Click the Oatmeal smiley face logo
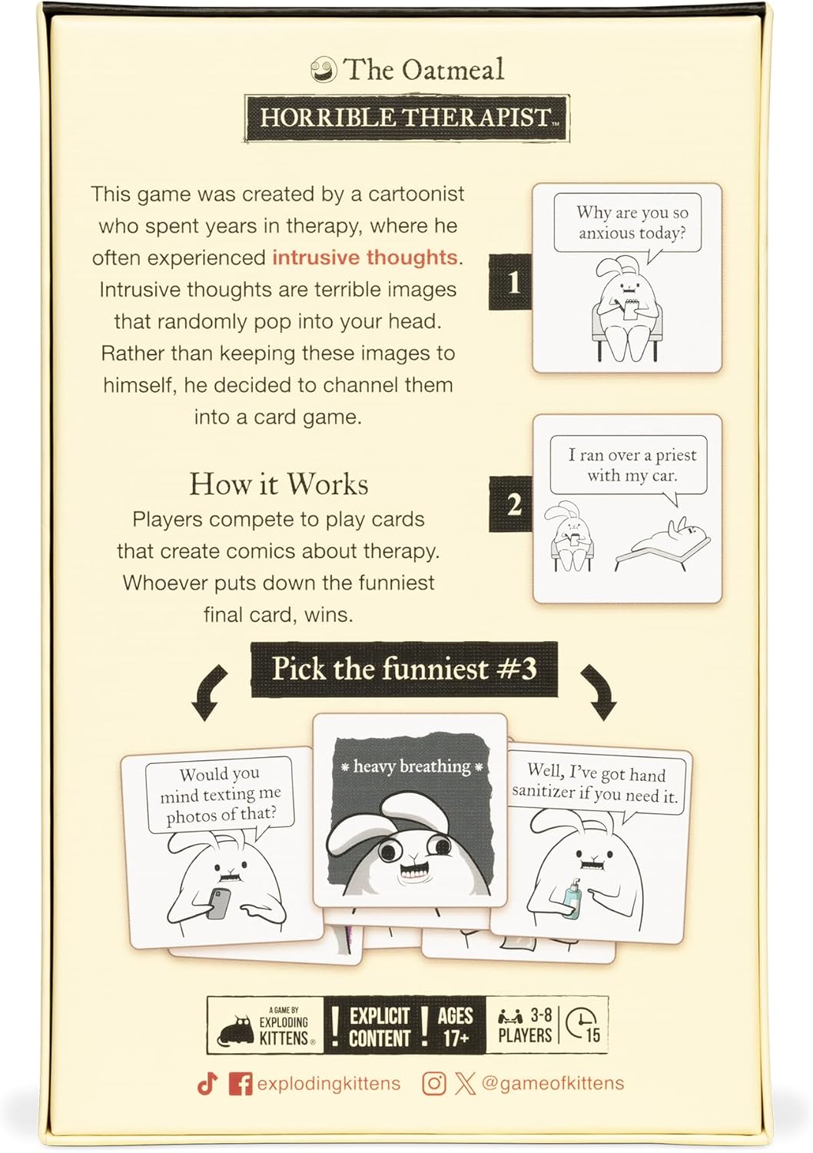(x=324, y=71)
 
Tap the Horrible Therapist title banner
(x=406, y=118)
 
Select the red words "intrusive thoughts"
(x=365, y=257)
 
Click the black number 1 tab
(x=511, y=282)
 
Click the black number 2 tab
(x=511, y=504)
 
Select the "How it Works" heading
(x=278, y=484)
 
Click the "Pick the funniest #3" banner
(x=404, y=669)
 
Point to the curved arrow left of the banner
(x=209, y=692)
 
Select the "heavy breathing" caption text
(x=412, y=766)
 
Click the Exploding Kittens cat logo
(x=237, y=1029)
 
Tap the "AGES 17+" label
(x=455, y=1027)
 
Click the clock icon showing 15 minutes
(x=582, y=1025)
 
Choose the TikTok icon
(x=207, y=1084)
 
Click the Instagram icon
(x=433, y=1084)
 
